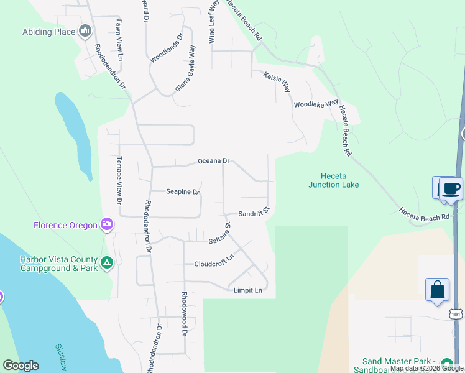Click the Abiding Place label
48,32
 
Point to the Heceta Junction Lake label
333,180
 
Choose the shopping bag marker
437,289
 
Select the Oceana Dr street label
213,161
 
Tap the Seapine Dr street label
182,192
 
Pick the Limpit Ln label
248,290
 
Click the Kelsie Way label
277,81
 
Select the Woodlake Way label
316,104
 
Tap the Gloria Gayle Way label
185,68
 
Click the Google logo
21,366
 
